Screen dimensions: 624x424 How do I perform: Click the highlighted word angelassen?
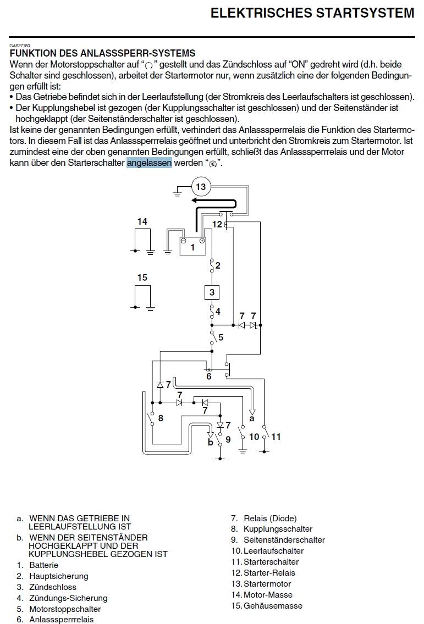coord(149,163)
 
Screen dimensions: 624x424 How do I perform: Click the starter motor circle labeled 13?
coord(201,187)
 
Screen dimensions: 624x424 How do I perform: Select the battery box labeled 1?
coord(192,247)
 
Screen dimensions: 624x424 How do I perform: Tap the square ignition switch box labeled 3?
coord(212,292)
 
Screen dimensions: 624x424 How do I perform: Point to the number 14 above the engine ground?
coord(142,221)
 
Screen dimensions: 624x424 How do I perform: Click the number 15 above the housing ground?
coord(142,277)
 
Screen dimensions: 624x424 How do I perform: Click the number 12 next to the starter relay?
coord(217,224)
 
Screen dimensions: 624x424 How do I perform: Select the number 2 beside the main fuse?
coord(218,266)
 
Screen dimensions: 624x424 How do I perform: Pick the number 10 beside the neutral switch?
coord(254,437)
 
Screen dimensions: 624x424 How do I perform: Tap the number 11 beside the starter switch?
coord(276,437)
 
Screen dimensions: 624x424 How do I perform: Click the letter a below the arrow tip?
coord(252,419)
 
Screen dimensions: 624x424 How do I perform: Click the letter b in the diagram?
coord(210,442)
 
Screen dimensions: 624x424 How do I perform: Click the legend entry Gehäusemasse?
coord(273,605)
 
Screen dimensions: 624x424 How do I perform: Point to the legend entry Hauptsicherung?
coord(58,576)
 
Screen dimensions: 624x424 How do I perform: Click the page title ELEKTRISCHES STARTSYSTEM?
coord(312,13)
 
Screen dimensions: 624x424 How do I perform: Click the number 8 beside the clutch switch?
coord(161,418)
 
